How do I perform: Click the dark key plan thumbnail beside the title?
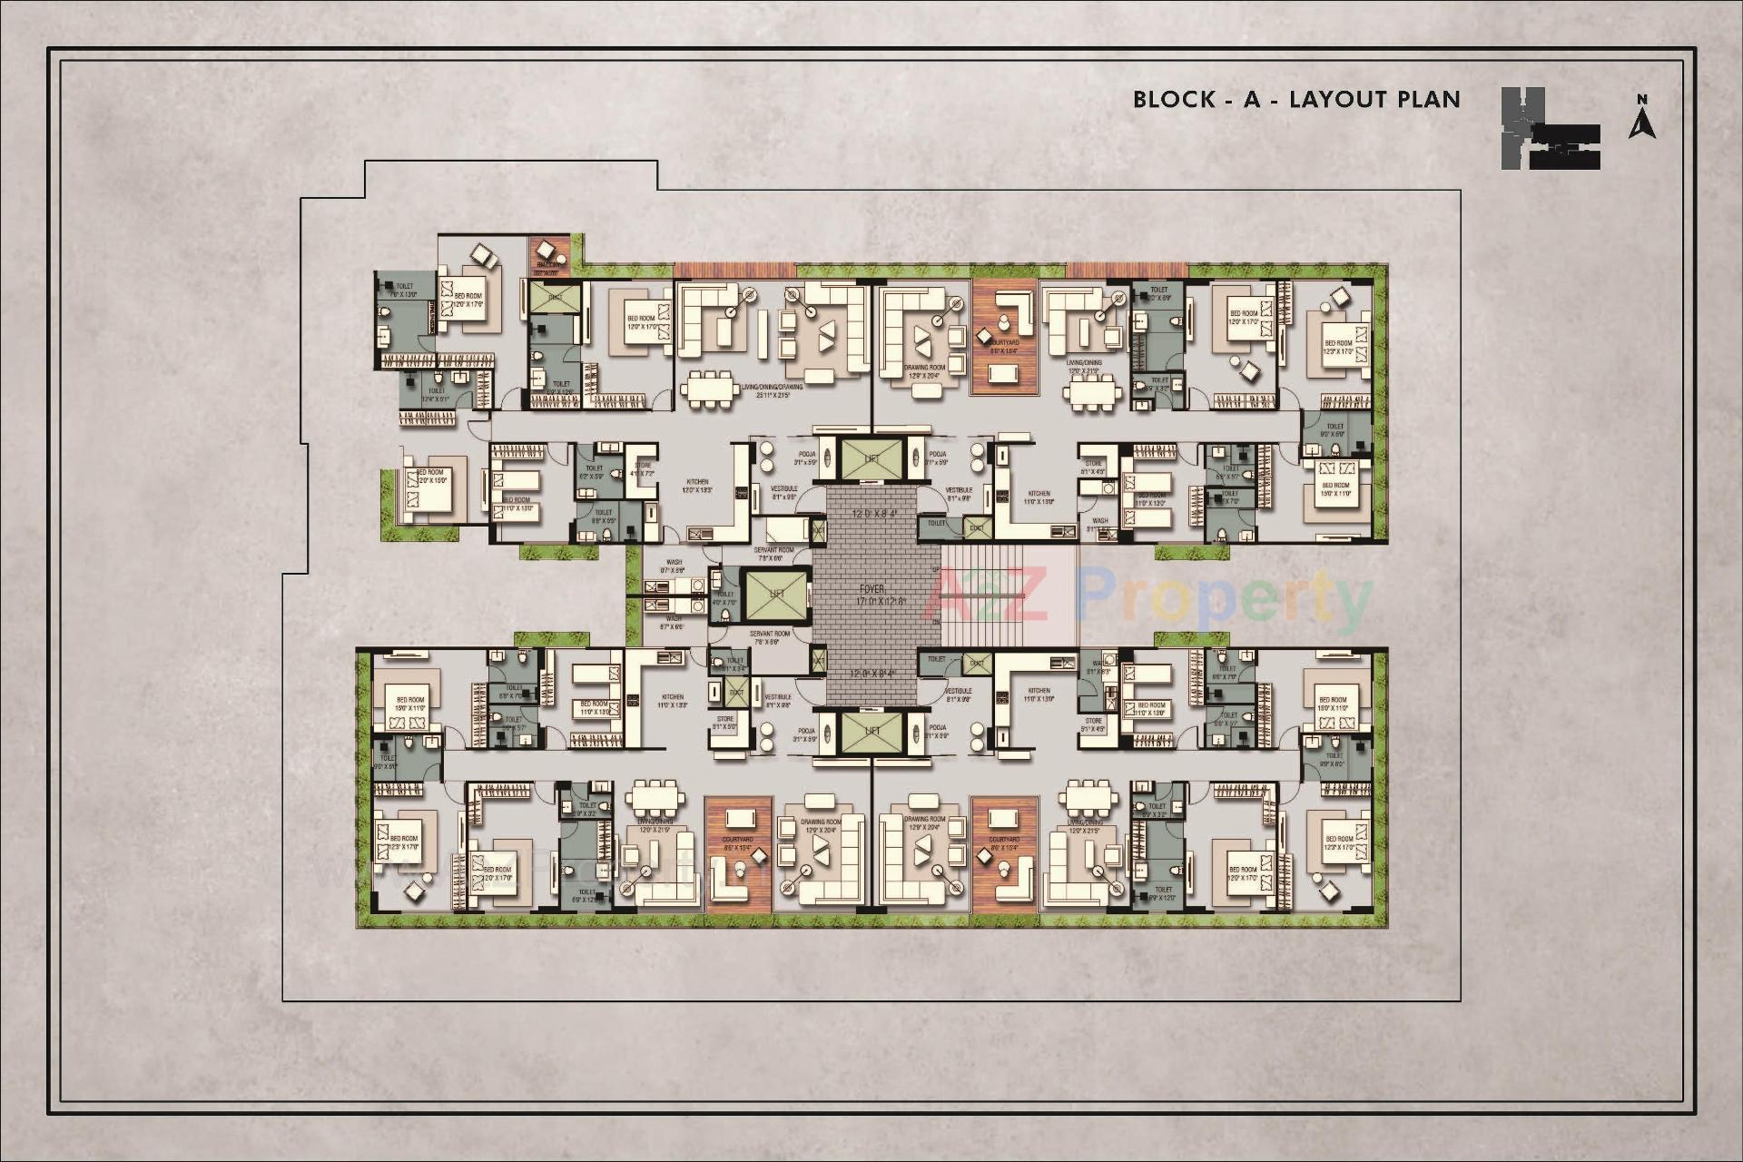tap(1549, 129)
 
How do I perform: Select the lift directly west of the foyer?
tap(775, 596)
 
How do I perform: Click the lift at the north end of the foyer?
tap(871, 459)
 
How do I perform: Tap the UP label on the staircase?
tap(937, 570)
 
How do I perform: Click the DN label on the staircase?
tap(937, 622)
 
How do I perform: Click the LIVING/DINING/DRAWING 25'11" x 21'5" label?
tap(772, 391)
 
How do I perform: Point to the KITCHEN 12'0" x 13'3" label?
tap(697, 487)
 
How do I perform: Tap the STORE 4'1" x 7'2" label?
tap(642, 469)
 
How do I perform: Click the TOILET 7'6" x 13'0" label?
tap(403, 290)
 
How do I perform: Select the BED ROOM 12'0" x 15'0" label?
tap(430, 476)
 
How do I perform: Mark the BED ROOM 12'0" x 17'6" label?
tap(468, 300)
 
